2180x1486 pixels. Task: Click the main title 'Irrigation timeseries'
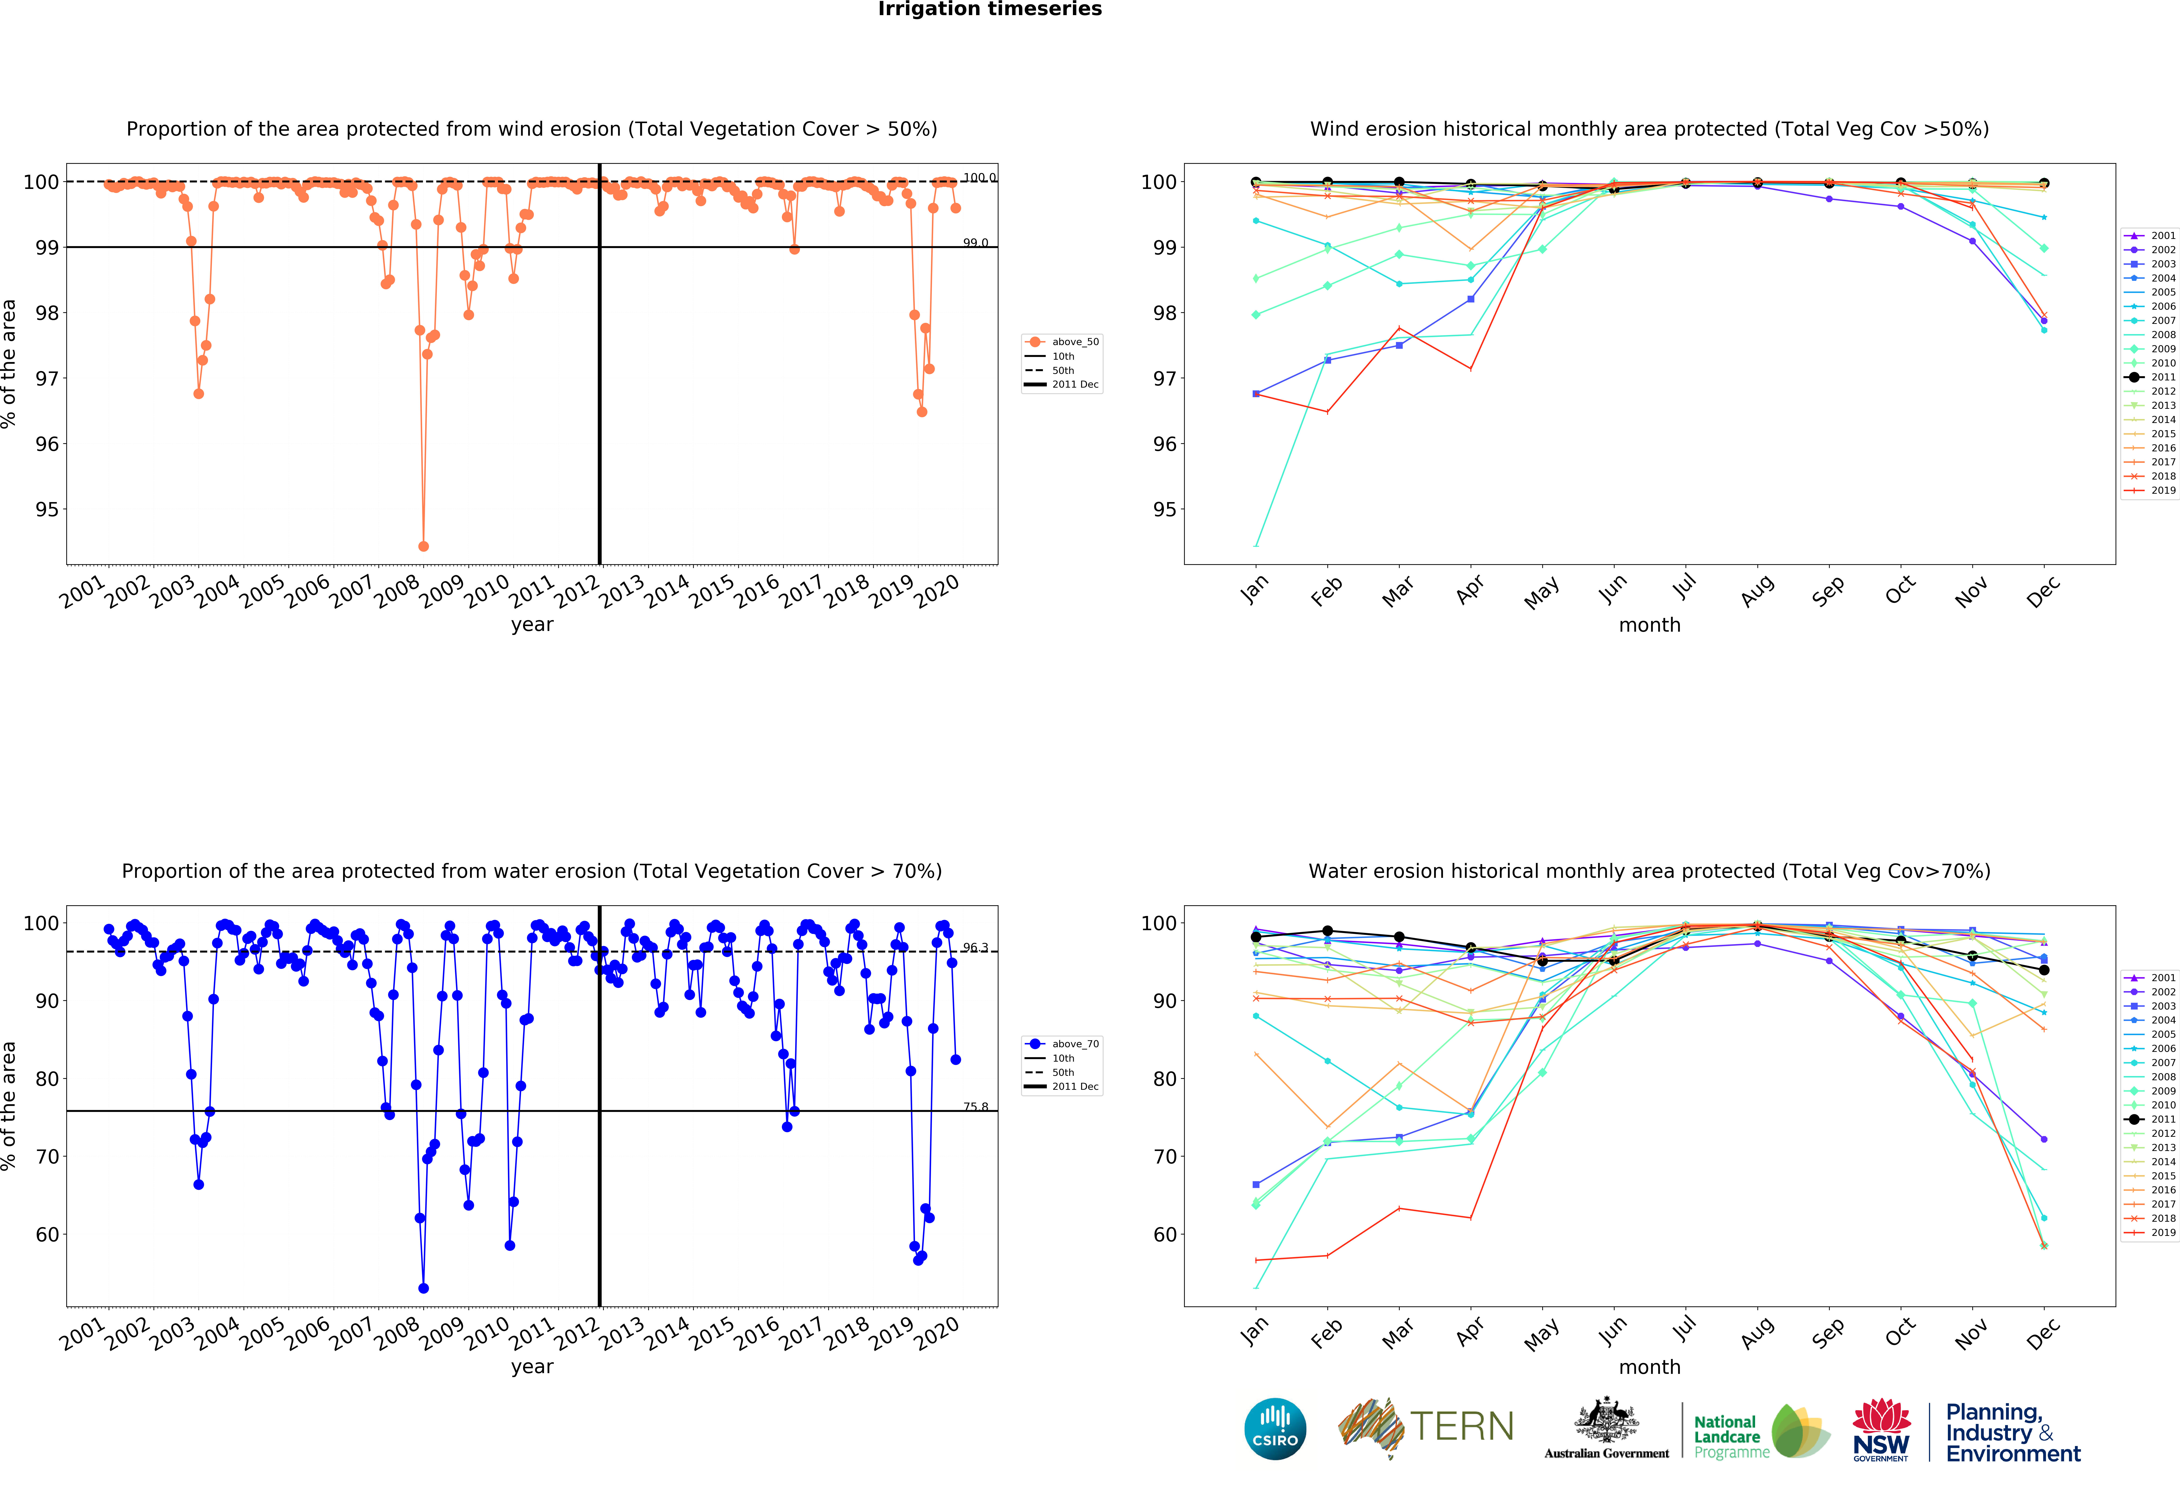point(990,9)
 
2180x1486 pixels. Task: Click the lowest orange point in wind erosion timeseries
point(423,546)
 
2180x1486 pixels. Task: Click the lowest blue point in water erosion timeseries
point(423,1288)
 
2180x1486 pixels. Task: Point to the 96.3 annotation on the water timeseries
point(975,948)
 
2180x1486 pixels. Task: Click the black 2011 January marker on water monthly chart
point(1256,937)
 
